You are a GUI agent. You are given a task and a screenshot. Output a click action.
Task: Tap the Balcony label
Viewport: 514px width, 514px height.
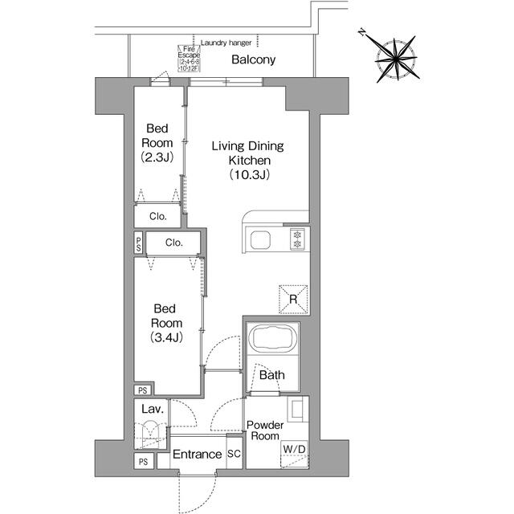point(254,60)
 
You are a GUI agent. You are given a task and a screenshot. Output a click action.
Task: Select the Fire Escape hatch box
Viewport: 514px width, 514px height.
point(191,58)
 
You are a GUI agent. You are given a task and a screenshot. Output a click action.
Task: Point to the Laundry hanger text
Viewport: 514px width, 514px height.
point(226,43)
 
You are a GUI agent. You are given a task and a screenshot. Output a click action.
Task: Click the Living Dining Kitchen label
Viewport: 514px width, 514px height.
point(248,160)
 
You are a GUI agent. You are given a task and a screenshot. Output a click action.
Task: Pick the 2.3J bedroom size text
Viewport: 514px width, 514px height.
point(157,157)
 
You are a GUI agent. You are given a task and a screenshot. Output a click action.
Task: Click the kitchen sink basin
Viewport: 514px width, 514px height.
point(263,240)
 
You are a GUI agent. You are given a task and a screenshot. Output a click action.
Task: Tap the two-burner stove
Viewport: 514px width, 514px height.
point(298,239)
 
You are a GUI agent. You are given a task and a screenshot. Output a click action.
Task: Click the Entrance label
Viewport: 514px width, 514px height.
point(198,455)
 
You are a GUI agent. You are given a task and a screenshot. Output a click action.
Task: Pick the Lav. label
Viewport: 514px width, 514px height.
point(153,410)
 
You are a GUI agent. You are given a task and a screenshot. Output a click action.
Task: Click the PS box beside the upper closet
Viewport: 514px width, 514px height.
point(139,243)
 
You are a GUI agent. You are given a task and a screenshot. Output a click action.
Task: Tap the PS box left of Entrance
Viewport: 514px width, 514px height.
point(142,462)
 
